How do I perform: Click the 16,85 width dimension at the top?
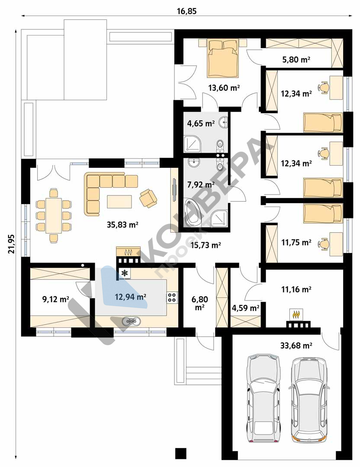(x=187, y=11)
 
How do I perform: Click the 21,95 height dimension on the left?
(x=11, y=243)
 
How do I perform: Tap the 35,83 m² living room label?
(x=122, y=224)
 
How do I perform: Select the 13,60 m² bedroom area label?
(x=224, y=88)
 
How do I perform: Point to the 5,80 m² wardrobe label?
(x=296, y=60)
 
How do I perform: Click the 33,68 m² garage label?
(x=296, y=345)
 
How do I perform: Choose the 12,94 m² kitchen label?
(x=131, y=297)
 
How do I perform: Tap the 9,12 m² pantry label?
(x=56, y=299)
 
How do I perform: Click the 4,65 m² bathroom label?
(x=201, y=123)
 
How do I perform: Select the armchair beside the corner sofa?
(x=148, y=198)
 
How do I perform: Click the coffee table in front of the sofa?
(x=119, y=202)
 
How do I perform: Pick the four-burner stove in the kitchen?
(x=172, y=297)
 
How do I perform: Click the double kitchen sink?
(x=131, y=321)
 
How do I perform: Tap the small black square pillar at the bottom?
(x=180, y=453)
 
